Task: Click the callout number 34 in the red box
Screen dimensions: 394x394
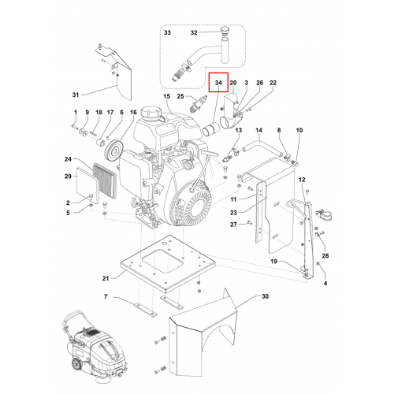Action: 218,83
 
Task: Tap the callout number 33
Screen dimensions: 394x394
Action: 167,32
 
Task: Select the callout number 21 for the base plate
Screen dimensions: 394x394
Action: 106,278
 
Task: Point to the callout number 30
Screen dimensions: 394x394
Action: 266,296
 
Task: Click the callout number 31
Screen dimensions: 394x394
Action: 76,95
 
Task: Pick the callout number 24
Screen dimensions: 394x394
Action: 68,159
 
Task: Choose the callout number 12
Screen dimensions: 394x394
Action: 302,180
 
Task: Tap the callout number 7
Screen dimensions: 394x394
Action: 106,296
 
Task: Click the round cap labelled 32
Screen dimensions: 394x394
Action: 225,30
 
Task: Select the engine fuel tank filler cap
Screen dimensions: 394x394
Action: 149,113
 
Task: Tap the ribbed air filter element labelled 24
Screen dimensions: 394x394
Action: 105,181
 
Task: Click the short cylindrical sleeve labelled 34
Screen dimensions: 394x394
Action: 211,130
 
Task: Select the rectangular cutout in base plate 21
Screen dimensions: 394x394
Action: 162,261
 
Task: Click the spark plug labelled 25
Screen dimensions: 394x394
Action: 199,103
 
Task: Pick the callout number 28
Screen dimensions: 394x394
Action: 325,255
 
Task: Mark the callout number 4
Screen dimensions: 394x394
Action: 325,283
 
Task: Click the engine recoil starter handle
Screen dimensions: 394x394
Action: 210,154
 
